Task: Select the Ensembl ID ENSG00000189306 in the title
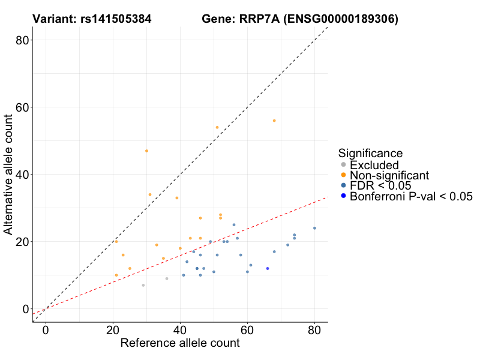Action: [341, 19]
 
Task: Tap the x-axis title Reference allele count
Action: [180, 343]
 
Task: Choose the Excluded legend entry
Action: [374, 165]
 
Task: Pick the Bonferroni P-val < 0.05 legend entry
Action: [411, 196]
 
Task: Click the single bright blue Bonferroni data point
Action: [268, 268]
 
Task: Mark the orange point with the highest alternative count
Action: [274, 121]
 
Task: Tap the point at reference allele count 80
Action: [314, 228]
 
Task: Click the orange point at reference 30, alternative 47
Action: [146, 151]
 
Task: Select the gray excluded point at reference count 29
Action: [143, 285]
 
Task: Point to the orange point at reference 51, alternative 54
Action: [217, 127]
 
